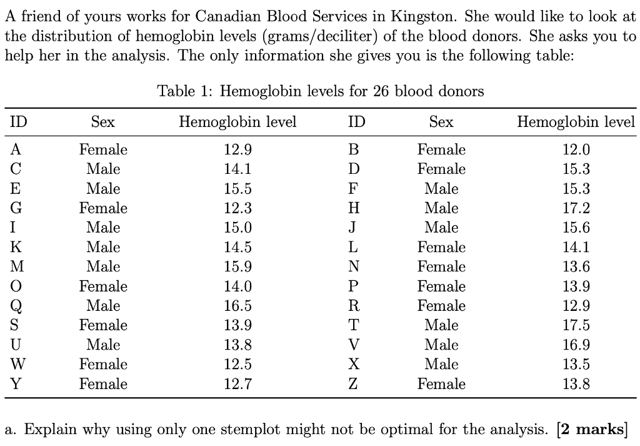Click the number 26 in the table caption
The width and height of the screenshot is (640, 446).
(382, 92)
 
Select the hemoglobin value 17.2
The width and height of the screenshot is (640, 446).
(576, 208)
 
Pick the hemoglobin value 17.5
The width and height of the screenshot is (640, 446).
(576, 325)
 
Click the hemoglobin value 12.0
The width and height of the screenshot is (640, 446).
(576, 150)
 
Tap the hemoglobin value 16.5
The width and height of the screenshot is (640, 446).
(237, 306)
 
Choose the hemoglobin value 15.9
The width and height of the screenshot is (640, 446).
(237, 266)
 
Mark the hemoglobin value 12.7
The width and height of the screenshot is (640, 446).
(237, 384)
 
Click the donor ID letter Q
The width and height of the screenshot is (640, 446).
(16, 307)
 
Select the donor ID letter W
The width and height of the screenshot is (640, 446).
(17, 364)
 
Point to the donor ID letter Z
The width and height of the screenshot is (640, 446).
(354, 384)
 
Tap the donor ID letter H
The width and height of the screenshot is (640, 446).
(354, 208)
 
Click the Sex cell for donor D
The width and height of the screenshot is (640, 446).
(441, 170)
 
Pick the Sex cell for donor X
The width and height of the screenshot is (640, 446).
(441, 364)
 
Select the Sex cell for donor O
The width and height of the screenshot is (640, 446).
(103, 286)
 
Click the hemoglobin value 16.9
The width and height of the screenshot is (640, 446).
(576, 345)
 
